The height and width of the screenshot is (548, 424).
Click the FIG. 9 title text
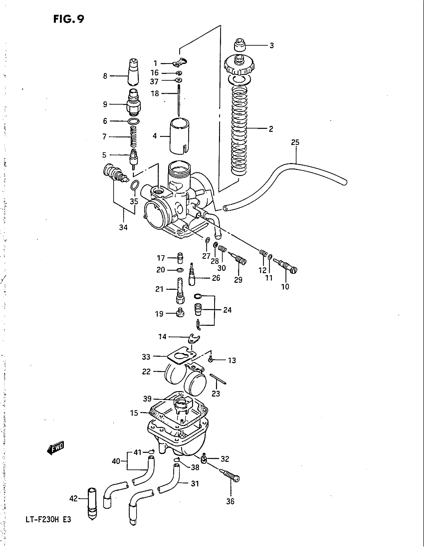point(69,19)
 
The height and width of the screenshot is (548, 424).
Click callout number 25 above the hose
point(295,142)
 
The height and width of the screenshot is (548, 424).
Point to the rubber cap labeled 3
point(240,45)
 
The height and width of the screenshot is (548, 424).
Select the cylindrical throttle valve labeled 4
point(179,136)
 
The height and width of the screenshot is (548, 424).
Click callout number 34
point(123,227)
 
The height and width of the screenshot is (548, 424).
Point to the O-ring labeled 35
point(135,185)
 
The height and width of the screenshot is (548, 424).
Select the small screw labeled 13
point(211,360)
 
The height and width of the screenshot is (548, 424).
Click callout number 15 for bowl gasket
point(134,413)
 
